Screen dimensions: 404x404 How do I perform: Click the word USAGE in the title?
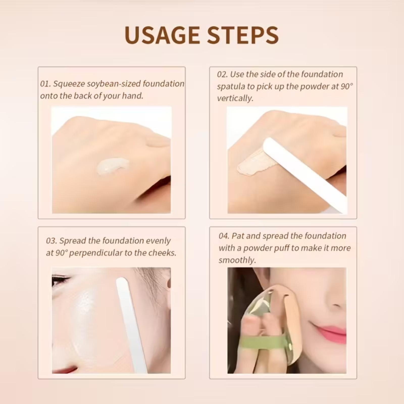162,35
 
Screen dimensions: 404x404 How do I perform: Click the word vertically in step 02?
235,98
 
